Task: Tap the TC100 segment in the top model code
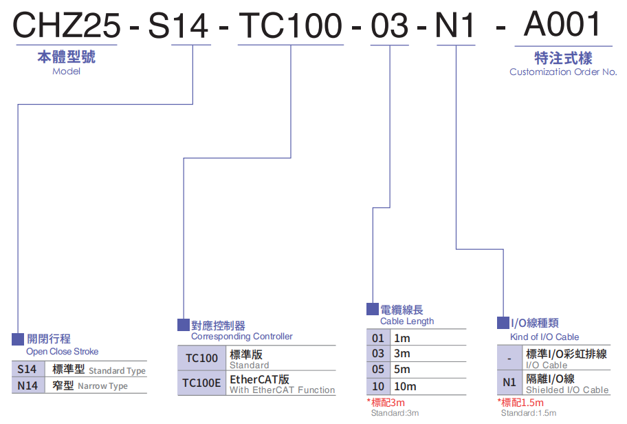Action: tap(289, 26)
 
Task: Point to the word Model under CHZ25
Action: tap(66, 71)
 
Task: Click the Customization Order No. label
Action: tap(563, 72)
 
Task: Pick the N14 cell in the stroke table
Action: tap(27, 385)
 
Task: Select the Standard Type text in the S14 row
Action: tap(117, 371)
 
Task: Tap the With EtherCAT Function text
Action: tap(282, 390)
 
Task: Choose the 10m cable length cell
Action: tap(405, 386)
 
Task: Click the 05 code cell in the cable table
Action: tap(378, 370)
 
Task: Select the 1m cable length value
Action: tap(401, 338)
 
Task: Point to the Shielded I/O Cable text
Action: tap(567, 390)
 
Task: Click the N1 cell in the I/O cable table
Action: tap(509, 383)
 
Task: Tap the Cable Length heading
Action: tap(407, 321)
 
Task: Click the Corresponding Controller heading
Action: tap(241, 337)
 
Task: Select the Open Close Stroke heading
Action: tap(63, 352)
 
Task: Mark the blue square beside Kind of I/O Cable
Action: tap(503, 323)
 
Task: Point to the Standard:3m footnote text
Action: tap(395, 413)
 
